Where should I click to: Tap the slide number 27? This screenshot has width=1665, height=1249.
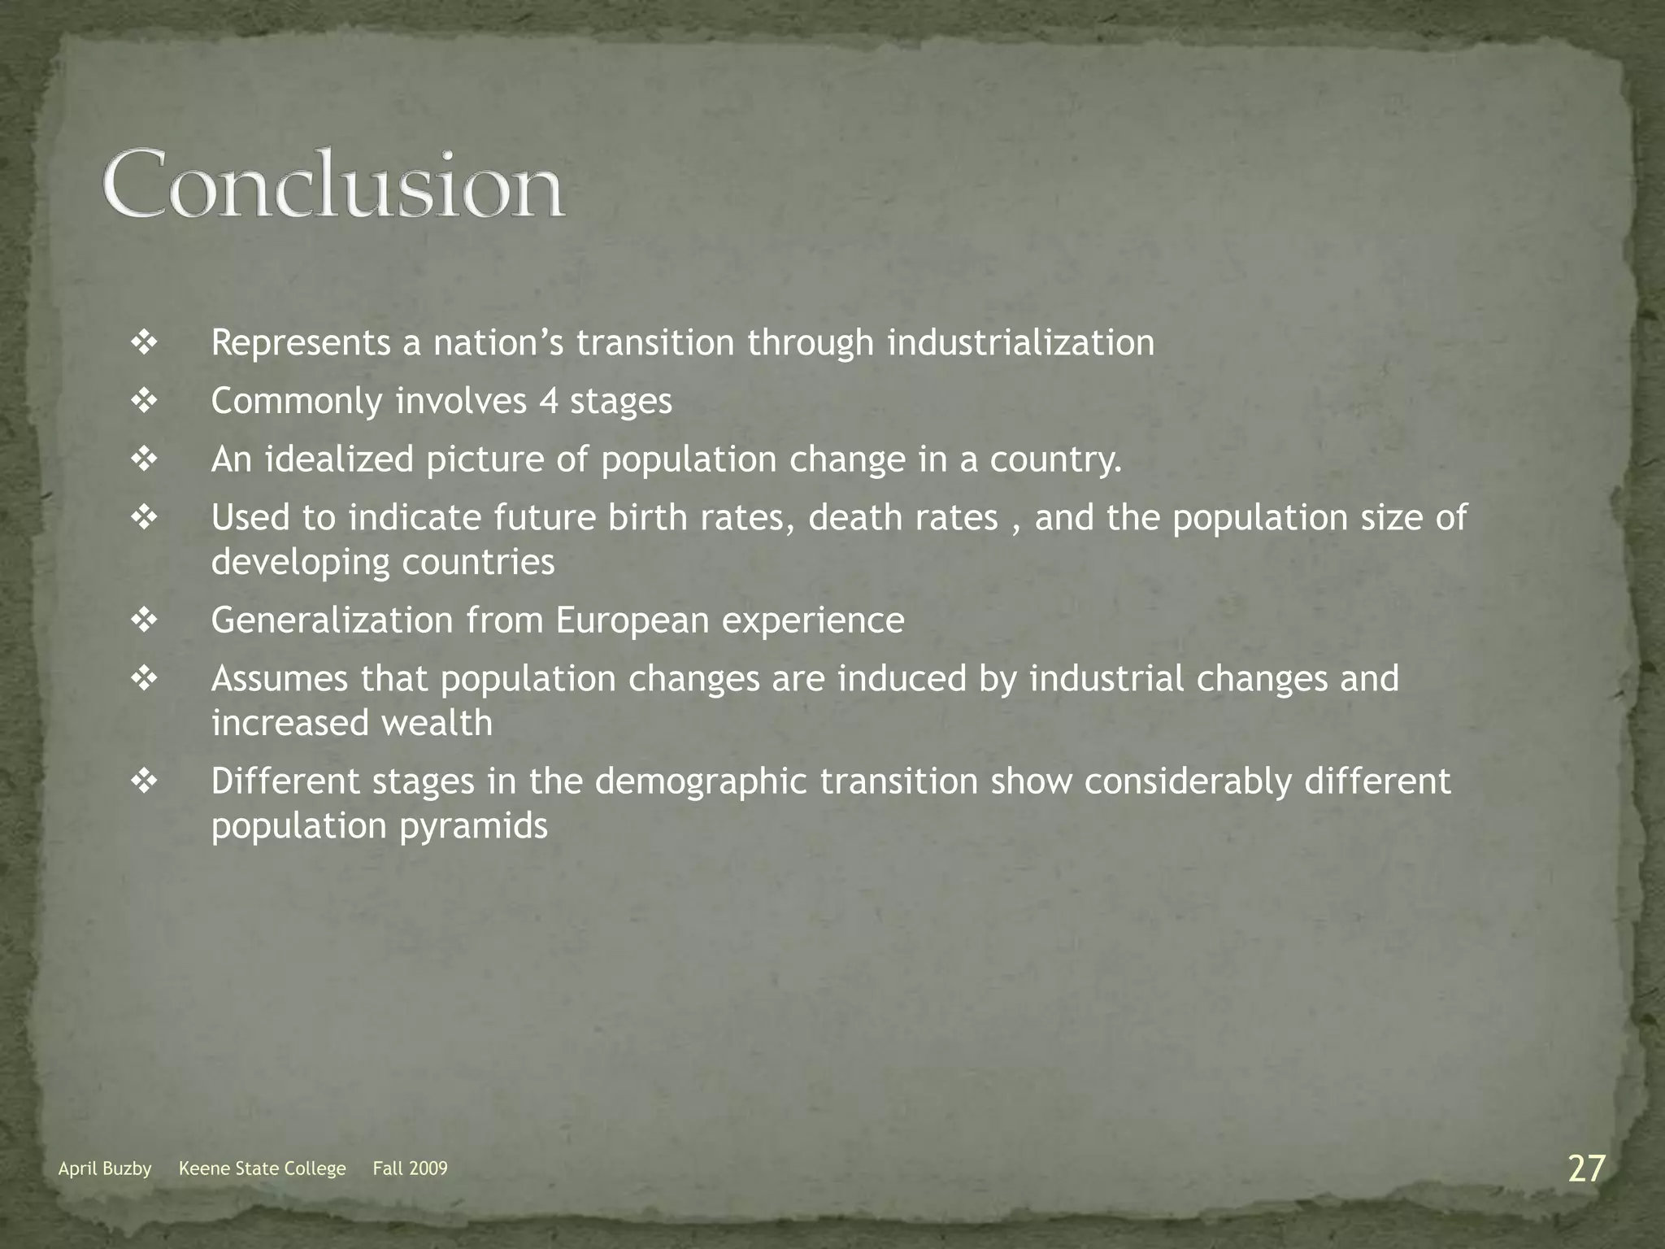[1586, 1168]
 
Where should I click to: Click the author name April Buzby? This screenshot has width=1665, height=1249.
[105, 1168]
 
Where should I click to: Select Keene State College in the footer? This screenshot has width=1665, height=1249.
[262, 1168]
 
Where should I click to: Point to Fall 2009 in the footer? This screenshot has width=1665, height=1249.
[410, 1168]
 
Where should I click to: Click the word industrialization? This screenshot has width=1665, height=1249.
[1020, 342]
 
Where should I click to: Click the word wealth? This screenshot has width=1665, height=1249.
[437, 723]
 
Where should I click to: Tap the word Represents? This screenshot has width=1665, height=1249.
[301, 342]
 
